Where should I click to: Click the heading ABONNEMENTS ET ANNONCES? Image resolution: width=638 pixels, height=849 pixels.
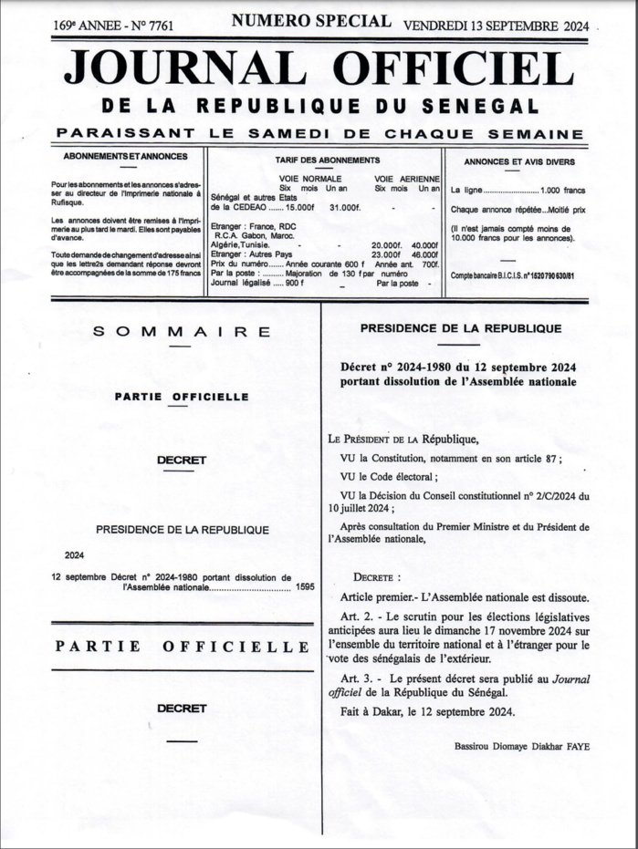tap(127, 157)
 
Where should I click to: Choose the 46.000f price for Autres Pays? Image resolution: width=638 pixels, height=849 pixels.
tap(424, 254)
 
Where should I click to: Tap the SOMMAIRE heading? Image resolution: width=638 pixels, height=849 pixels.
tap(182, 332)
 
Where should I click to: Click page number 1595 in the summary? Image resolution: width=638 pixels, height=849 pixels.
tap(304, 587)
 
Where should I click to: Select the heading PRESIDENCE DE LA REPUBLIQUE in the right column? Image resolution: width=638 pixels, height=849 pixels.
tap(460, 328)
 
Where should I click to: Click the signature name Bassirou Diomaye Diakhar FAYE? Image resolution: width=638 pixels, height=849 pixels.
tap(521, 746)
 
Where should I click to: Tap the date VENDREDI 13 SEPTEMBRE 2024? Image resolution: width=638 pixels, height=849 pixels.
tap(497, 25)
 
